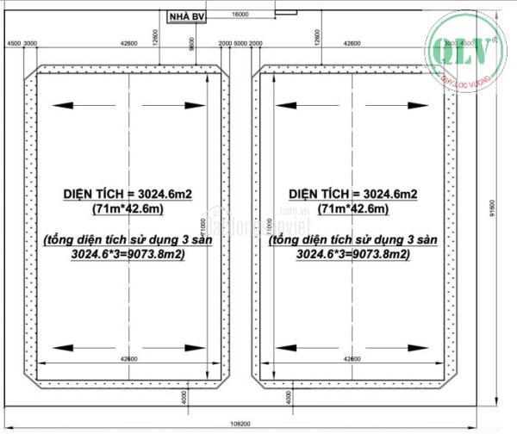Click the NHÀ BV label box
(x=187, y=16)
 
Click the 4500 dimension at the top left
(x=13, y=43)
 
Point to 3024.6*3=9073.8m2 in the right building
(x=352, y=256)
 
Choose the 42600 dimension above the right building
(x=352, y=43)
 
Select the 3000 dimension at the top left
(x=30, y=43)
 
